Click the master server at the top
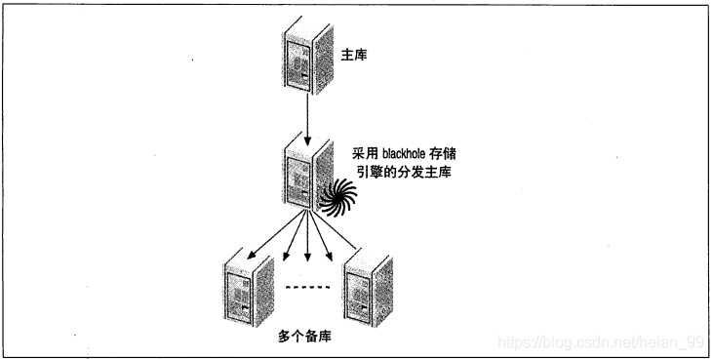308,56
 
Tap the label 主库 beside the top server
354,56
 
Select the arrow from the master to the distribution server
307,119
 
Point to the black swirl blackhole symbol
337,197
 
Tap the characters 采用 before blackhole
365,154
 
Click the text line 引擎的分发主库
404,173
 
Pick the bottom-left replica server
249,287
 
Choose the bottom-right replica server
369,287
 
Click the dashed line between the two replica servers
307,287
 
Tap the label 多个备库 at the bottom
304,337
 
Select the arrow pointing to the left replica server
275,234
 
